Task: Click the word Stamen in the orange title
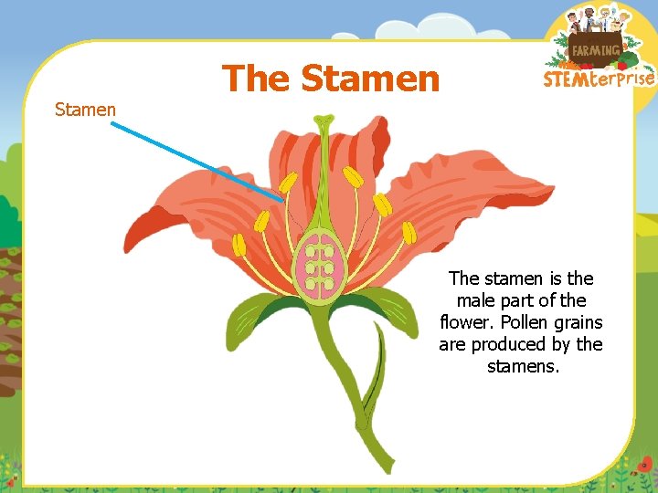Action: (370, 79)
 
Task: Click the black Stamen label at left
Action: (85, 110)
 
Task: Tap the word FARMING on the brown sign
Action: (595, 49)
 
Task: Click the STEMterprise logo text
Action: (599, 79)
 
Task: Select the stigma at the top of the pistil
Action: (324, 120)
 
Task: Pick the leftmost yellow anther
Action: (239, 245)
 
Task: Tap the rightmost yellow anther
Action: (409, 232)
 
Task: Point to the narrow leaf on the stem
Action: (374, 383)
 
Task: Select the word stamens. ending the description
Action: (523, 366)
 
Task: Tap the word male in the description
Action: (475, 300)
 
